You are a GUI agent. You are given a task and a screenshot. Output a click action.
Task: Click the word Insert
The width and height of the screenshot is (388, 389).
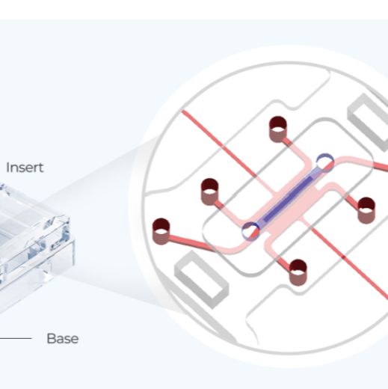click(x=25, y=168)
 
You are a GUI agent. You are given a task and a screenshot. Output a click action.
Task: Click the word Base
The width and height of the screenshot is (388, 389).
click(x=63, y=338)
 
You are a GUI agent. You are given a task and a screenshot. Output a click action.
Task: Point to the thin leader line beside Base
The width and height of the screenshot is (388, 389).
click(x=16, y=338)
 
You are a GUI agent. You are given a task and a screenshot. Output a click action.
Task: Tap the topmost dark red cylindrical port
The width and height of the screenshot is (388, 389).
click(x=278, y=129)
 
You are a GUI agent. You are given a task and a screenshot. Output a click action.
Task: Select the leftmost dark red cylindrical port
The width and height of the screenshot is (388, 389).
click(x=161, y=231)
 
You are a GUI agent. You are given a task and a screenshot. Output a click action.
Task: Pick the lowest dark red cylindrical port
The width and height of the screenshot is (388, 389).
click(x=298, y=272)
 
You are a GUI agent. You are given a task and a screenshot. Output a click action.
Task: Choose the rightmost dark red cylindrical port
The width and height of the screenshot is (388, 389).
click(x=366, y=210)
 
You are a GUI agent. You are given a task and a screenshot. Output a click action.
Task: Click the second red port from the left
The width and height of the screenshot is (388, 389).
click(x=209, y=192)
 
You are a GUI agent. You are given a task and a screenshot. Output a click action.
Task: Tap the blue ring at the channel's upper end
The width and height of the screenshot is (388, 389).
click(x=324, y=162)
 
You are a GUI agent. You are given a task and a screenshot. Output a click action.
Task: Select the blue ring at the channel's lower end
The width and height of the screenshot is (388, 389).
click(x=250, y=230)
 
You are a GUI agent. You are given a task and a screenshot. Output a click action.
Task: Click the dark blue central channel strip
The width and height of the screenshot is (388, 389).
click(x=288, y=199)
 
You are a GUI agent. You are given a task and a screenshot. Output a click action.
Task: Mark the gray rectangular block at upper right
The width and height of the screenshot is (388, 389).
click(x=369, y=122)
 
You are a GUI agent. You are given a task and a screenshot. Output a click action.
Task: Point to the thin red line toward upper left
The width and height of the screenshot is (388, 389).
click(x=228, y=151)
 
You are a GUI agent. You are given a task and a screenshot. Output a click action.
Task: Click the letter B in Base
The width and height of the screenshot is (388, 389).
click(x=51, y=338)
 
